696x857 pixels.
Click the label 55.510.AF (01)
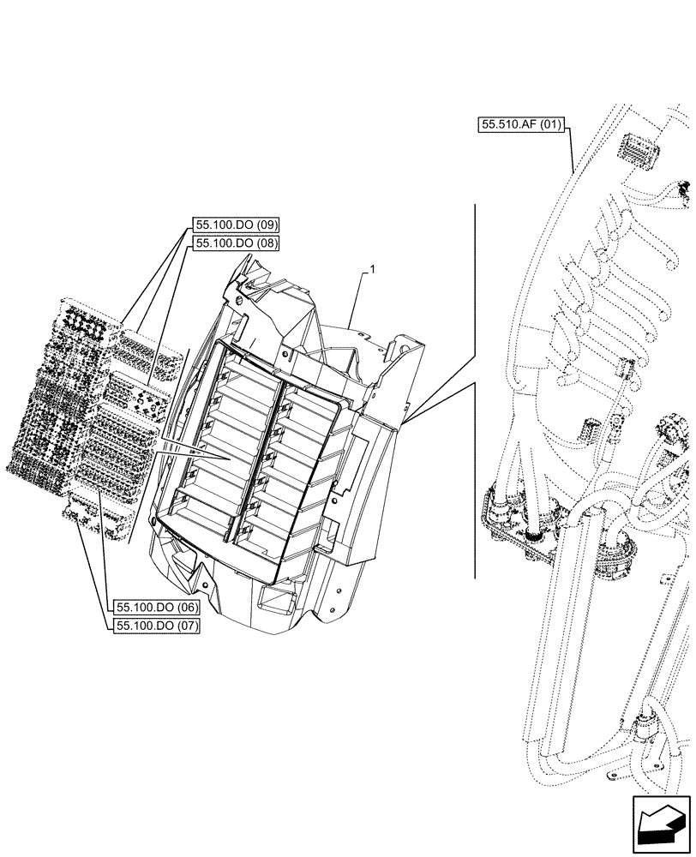tap(520, 125)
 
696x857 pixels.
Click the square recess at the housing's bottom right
tap(273, 595)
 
